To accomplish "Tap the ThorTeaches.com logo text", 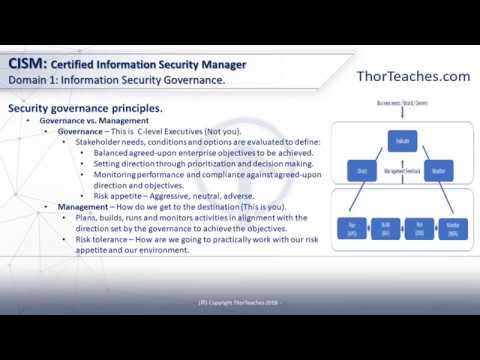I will [412, 76].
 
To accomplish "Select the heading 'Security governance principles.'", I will [85, 108].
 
